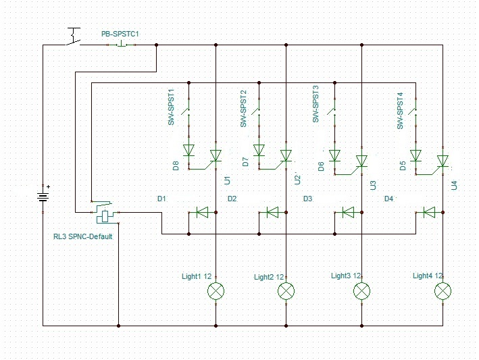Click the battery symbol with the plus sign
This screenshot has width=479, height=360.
(43, 197)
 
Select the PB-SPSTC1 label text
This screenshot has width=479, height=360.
(120, 34)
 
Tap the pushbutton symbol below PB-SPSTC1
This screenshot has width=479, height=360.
(122, 45)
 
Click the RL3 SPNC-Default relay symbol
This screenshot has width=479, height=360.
(105, 213)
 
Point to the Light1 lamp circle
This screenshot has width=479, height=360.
(216, 290)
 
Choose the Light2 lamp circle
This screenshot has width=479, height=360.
(286, 290)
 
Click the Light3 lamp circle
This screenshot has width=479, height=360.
(361, 290)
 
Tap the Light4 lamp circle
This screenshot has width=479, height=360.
(443, 290)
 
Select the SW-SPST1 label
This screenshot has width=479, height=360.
(171, 107)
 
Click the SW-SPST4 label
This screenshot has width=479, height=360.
(400, 111)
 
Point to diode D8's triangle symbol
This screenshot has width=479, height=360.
(188, 150)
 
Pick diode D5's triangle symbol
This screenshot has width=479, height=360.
(415, 155)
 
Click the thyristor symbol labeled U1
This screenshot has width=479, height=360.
(216, 156)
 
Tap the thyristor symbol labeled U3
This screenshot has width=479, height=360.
(361, 161)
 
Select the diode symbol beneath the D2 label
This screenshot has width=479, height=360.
(272, 212)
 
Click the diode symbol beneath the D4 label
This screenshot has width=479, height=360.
(429, 212)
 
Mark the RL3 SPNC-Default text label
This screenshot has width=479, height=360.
(83, 236)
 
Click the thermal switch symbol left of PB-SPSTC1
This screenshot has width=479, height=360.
(74, 36)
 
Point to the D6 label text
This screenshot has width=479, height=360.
(321, 166)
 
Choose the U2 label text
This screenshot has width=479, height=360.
(297, 180)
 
